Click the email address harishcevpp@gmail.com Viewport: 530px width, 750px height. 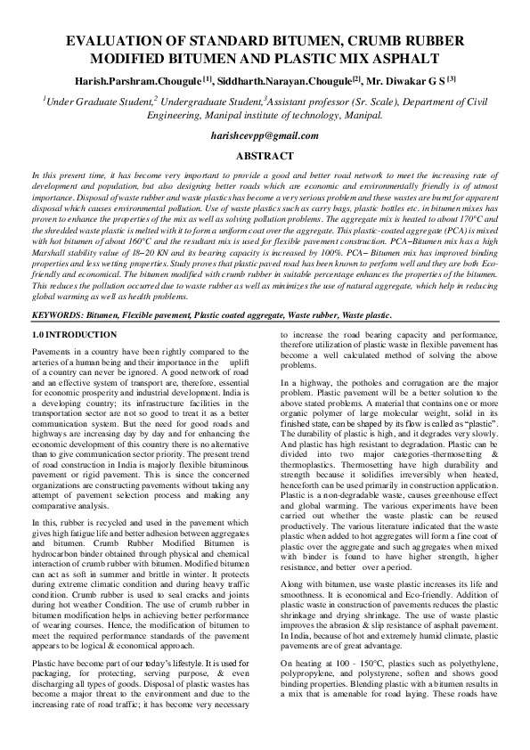pyautogui.click(x=265, y=135)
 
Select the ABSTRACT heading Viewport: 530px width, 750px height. pyautogui.click(x=265, y=155)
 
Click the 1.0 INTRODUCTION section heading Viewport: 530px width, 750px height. pyautogui.click(x=74, y=334)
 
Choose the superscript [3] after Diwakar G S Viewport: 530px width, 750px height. pyautogui.click(x=452, y=78)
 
